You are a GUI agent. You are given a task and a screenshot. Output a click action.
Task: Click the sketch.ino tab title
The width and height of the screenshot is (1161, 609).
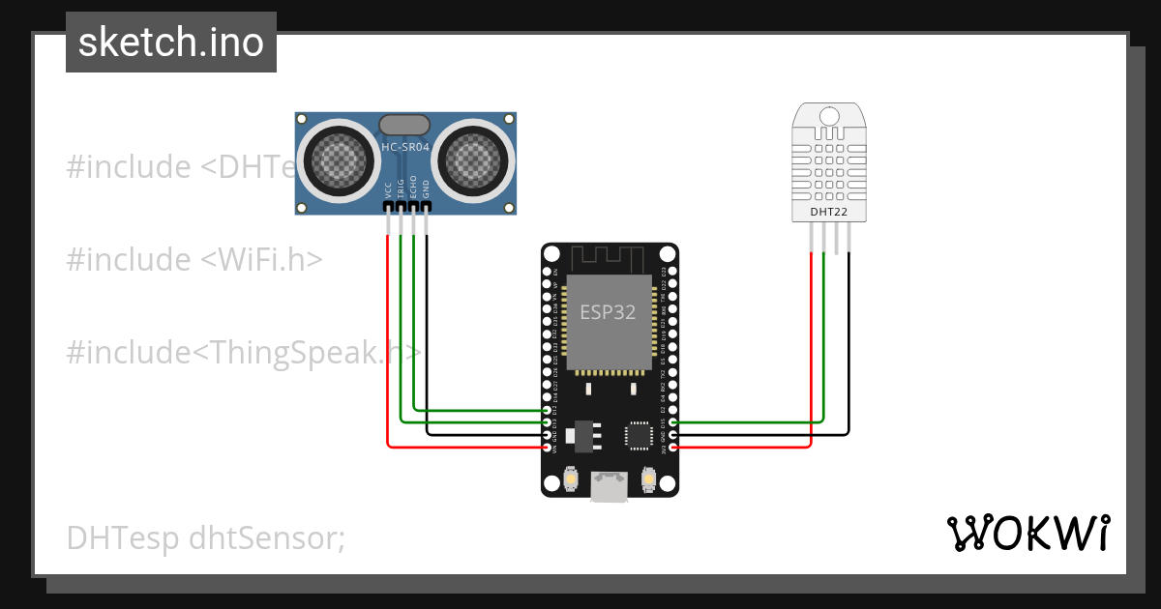(x=171, y=43)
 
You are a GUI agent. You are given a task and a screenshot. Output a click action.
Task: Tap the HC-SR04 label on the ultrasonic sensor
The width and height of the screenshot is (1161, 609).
(x=405, y=148)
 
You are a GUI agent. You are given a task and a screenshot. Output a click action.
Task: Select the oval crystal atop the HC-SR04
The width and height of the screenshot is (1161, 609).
(x=405, y=125)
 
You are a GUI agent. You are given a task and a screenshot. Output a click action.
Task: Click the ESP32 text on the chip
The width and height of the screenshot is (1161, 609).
(x=609, y=311)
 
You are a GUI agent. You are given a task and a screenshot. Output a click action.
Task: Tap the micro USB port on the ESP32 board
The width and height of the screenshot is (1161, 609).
(x=609, y=486)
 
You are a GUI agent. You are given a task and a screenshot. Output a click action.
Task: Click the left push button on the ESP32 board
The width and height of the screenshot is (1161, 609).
(x=570, y=478)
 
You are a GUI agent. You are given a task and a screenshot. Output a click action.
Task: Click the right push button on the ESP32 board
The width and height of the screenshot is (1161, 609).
(x=648, y=478)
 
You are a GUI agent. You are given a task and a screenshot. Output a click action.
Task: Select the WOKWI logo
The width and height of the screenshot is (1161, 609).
(x=1027, y=534)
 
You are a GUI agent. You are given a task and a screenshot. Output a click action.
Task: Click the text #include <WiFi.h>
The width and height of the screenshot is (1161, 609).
(x=194, y=260)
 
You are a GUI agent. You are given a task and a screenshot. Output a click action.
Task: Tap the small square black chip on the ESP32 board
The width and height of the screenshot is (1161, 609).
(x=639, y=434)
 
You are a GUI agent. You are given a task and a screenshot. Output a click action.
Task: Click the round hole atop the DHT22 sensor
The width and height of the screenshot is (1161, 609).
(x=829, y=116)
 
